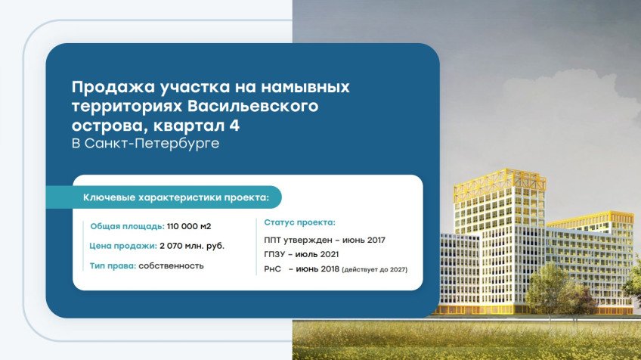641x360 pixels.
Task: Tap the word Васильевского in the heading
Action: (252, 106)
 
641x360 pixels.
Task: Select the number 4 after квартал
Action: (234, 126)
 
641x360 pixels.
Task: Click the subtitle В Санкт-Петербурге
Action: (146, 144)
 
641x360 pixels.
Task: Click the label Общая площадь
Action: (128, 226)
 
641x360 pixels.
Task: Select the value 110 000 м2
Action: (189, 226)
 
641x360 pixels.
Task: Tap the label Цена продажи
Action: (123, 246)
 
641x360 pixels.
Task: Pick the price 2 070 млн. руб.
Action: (192, 246)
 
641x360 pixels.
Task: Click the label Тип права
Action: (113, 266)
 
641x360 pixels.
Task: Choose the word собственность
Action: (171, 266)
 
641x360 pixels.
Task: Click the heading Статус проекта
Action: (299, 222)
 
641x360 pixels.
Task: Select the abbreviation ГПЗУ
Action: (274, 254)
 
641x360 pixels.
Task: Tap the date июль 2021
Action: (317, 254)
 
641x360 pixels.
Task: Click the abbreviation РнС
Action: (273, 269)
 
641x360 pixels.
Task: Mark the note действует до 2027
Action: (374, 269)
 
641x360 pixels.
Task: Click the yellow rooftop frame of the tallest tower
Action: (500, 180)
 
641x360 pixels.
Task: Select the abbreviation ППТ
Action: (272, 241)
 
